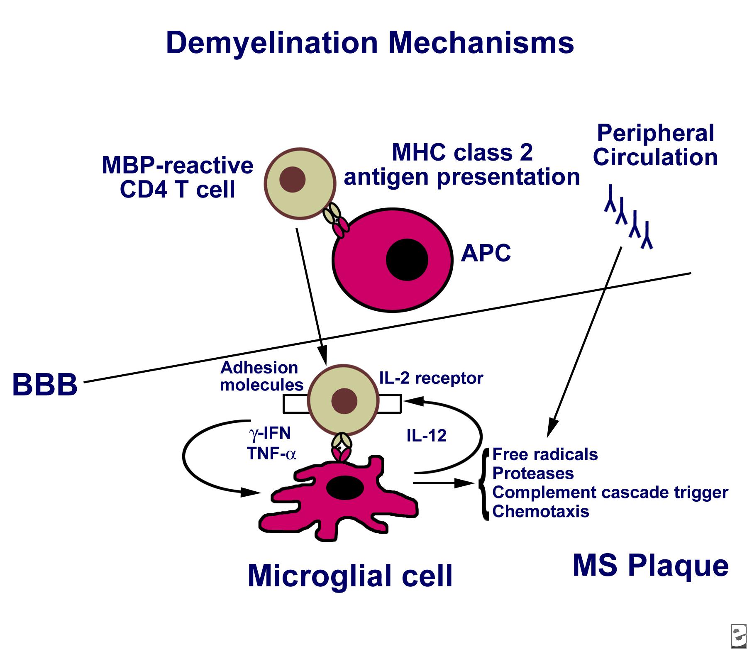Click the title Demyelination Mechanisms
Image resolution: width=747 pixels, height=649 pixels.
pos(370,43)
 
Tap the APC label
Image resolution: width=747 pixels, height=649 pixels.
pos(486,253)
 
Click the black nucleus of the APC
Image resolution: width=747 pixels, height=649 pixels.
pos(407,260)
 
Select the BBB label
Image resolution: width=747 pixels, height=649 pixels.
pos(45,384)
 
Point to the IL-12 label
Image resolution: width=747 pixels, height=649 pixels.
pos(426,436)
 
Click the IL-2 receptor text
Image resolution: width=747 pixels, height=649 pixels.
pos(431,378)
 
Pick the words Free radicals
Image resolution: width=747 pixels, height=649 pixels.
pos(545,454)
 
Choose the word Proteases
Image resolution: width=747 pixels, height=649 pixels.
pos(533,473)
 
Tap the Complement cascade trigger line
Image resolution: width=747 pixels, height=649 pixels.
pos(610,492)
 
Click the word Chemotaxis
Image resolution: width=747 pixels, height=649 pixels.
pos(540,511)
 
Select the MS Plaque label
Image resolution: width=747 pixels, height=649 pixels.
pos(650,565)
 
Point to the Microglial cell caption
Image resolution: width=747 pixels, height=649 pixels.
pos(350,576)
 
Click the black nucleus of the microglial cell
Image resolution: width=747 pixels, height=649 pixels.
pos(345,488)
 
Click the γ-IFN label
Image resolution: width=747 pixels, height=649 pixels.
pos(270,433)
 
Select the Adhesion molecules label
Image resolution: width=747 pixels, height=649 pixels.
pos(261,376)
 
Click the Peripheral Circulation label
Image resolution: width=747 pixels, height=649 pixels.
pos(655,145)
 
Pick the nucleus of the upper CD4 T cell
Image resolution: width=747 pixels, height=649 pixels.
pos(293,180)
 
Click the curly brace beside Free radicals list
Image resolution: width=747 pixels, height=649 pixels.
pos(483,483)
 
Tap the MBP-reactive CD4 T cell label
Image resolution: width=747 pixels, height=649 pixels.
pos(178,177)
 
